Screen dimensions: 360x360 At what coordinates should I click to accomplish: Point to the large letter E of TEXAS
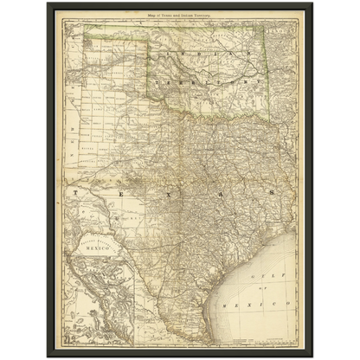[119, 189]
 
